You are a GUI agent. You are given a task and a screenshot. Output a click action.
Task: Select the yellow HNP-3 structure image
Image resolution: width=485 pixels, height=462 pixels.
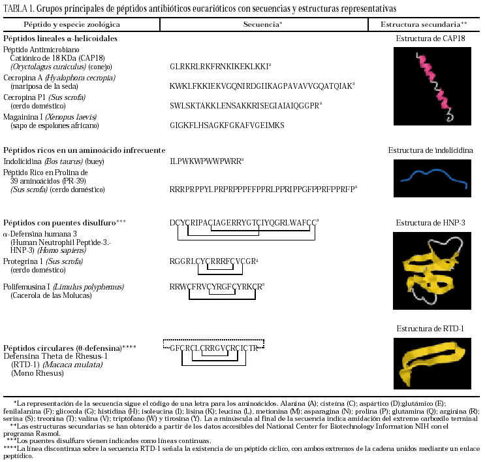(x=428, y=269)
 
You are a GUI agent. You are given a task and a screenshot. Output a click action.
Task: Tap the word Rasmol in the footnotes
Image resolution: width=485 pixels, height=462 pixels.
(x=50, y=432)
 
